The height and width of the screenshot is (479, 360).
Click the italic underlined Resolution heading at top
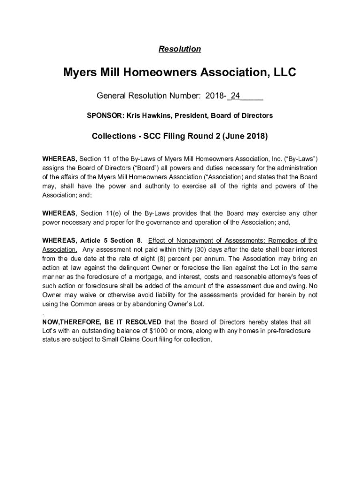[180, 49]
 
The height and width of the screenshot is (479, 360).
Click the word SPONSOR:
[104, 115]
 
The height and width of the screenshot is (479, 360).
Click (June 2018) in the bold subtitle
[245, 136]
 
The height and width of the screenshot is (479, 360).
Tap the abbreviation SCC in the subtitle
[153, 136]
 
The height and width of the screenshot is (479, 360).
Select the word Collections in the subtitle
[114, 136]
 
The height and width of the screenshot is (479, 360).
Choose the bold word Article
[94, 240]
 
